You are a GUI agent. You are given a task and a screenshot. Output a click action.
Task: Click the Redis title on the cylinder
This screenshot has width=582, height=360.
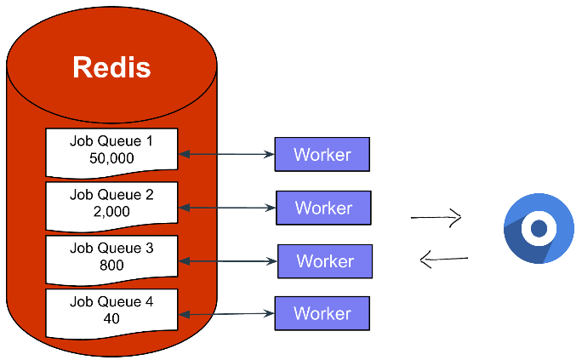pyautogui.click(x=111, y=68)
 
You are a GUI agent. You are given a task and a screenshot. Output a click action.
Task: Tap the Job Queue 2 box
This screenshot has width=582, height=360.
pyautogui.click(x=111, y=204)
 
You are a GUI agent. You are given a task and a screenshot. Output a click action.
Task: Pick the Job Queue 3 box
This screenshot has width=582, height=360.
pyautogui.click(x=111, y=257)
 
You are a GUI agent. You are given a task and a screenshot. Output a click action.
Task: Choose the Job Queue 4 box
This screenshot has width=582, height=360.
pyautogui.click(x=111, y=311)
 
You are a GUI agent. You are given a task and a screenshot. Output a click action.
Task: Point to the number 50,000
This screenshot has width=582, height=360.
pyautogui.click(x=111, y=159)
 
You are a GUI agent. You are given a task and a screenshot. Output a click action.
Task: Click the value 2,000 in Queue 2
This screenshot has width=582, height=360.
pyautogui.click(x=111, y=212)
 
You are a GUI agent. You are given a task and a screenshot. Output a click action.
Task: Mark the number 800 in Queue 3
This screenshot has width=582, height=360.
pyautogui.click(x=111, y=265)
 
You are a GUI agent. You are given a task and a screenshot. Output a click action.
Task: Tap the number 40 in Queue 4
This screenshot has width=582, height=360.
pyautogui.click(x=111, y=319)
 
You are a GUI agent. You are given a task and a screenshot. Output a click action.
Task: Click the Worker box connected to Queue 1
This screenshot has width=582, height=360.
pyautogui.click(x=322, y=155)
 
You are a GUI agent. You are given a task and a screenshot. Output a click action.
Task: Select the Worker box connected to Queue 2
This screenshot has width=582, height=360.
pyautogui.click(x=323, y=208)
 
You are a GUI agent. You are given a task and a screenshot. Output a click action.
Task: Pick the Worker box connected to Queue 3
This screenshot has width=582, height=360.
pyautogui.click(x=325, y=260)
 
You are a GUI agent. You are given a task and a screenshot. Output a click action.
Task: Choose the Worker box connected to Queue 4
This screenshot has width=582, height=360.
pyautogui.click(x=322, y=313)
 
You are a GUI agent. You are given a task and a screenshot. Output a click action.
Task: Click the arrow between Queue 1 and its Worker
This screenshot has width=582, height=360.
pyautogui.click(x=226, y=154)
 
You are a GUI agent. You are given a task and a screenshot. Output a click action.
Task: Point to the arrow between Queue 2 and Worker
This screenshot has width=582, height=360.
pyautogui.click(x=228, y=207)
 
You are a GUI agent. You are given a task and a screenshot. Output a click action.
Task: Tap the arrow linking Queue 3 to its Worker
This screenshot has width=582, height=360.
pyautogui.click(x=229, y=260)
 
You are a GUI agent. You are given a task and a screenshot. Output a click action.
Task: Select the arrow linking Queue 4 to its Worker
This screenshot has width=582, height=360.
pyautogui.click(x=226, y=314)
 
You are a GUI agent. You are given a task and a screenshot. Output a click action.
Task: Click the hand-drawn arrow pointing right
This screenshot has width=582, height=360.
pyautogui.click(x=436, y=218)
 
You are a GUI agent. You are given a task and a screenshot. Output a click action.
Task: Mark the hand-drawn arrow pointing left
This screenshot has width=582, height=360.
pyautogui.click(x=444, y=259)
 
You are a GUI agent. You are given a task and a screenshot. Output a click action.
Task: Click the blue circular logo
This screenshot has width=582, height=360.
pyautogui.click(x=539, y=229)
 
